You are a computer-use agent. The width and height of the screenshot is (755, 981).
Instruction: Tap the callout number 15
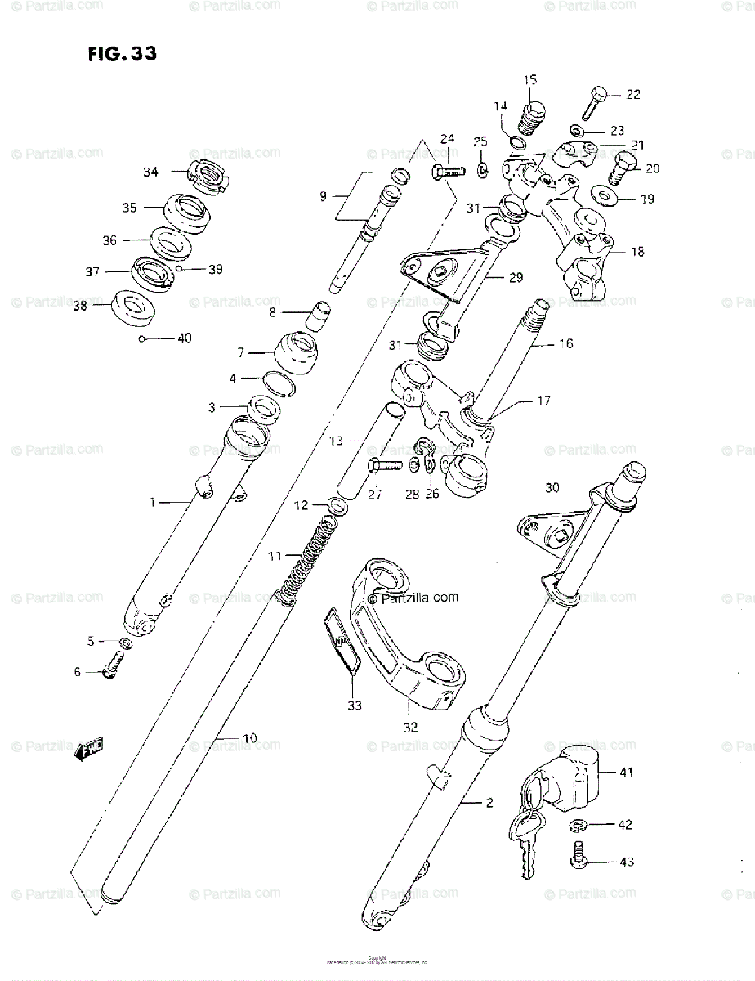coord(530,79)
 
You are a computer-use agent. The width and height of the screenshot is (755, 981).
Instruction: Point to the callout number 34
coord(150,172)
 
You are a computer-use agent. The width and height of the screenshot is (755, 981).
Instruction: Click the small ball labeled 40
coord(143,338)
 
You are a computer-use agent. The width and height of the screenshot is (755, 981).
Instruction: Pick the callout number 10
coord(249,738)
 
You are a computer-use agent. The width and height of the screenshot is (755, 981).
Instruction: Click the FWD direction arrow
coord(88,747)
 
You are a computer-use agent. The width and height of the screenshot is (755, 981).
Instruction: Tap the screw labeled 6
coord(110,670)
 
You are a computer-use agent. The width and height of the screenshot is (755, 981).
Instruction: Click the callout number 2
coord(489,803)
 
